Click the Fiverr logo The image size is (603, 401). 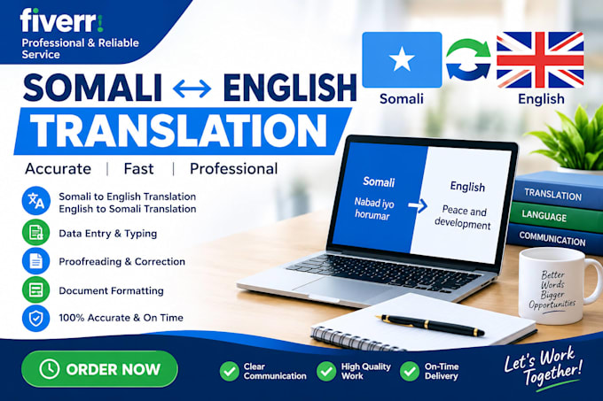pos(61,20)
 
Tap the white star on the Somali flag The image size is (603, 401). pos(402,59)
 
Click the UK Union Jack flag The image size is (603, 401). pos(540,59)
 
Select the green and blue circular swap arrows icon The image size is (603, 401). pos(468,59)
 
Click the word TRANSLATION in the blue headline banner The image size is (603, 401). pos(178,130)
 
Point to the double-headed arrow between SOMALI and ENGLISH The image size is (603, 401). pos(192,89)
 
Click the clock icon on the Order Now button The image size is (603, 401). pos(50,369)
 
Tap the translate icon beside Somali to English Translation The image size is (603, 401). pos(36,201)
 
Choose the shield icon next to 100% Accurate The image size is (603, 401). pos(36,318)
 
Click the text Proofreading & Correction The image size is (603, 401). pos(121,262)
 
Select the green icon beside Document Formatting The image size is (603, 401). pos(36,289)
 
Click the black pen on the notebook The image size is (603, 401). pos(430,325)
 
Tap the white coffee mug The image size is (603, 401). pos(558,286)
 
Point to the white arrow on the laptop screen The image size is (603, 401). pos(418,205)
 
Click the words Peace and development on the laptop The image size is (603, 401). pos(464,217)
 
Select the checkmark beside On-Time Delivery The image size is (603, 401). pos(410,371)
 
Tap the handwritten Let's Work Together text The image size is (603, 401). pos(543,366)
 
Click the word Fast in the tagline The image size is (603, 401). pos(139,169)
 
